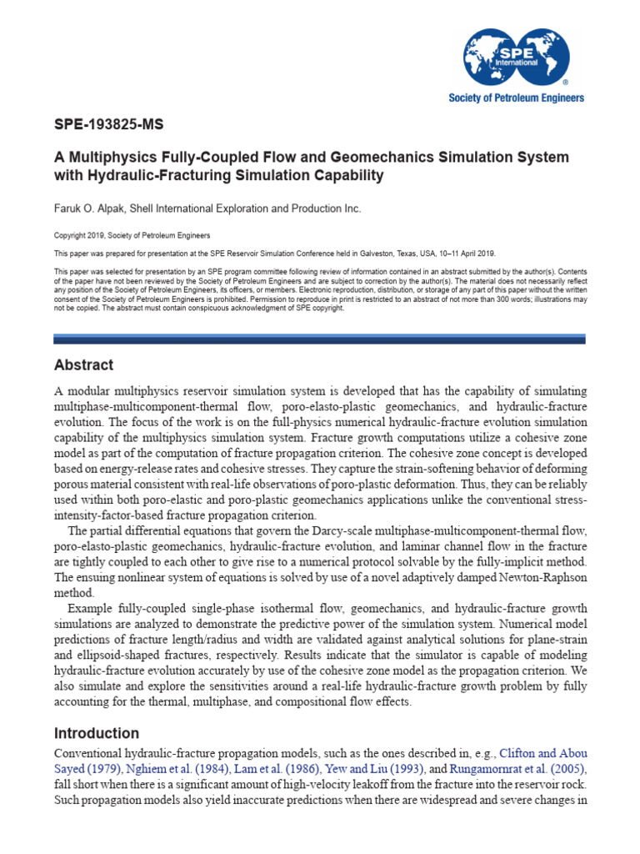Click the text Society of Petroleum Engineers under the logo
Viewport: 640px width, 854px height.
(x=517, y=98)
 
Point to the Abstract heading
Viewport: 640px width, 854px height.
(x=83, y=365)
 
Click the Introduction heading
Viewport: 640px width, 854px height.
(x=97, y=734)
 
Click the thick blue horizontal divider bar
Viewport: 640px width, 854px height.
(x=319, y=339)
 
